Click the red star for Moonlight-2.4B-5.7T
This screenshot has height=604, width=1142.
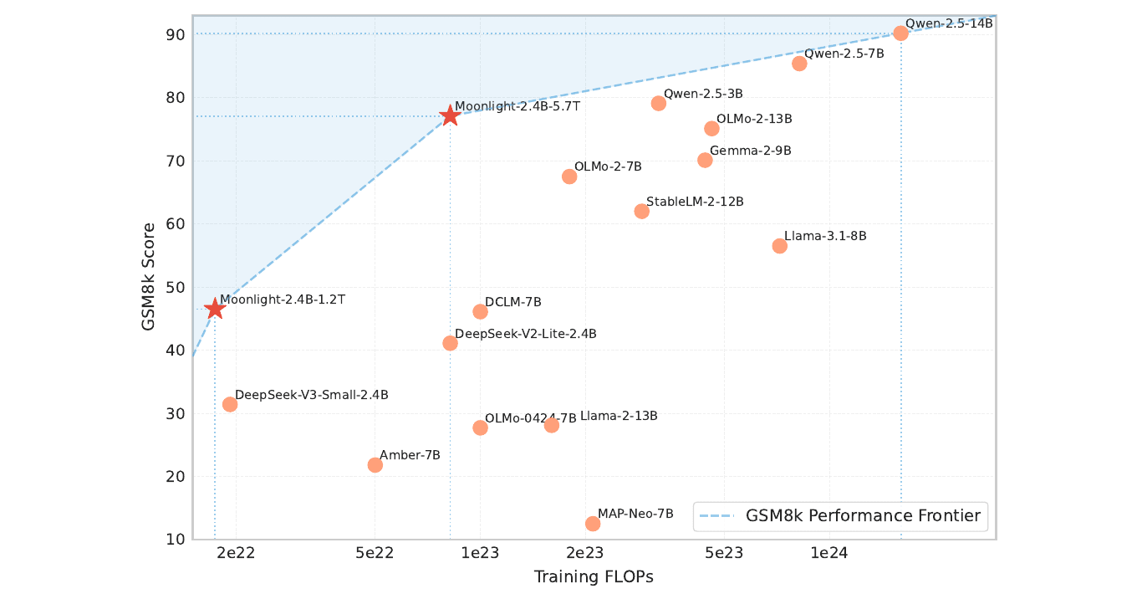tap(450, 115)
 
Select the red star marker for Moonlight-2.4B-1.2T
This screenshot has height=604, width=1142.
tap(215, 309)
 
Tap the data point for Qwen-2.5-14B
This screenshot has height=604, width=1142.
tap(901, 33)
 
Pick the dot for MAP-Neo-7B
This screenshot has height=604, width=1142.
tap(593, 524)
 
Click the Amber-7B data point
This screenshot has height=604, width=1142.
tap(375, 465)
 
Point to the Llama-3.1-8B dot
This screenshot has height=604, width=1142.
tap(779, 246)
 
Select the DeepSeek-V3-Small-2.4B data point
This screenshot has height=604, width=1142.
tap(230, 405)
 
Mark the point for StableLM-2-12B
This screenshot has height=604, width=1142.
tap(641, 211)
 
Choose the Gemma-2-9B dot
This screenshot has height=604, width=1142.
tap(705, 160)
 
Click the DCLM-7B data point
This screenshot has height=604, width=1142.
tap(480, 312)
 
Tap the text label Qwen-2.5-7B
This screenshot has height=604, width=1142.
tap(844, 54)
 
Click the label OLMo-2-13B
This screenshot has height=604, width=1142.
tap(754, 119)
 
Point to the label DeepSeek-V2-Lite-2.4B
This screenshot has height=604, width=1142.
tap(525, 334)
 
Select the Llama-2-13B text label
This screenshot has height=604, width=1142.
tap(619, 416)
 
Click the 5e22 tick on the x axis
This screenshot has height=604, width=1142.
tap(375, 553)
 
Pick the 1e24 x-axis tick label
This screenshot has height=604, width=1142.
tap(829, 553)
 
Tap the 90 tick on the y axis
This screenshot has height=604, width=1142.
tap(175, 34)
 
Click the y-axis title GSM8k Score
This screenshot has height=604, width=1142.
tap(148, 277)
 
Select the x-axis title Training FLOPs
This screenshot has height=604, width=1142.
tap(594, 577)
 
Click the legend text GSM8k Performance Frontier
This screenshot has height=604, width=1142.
tap(863, 516)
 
